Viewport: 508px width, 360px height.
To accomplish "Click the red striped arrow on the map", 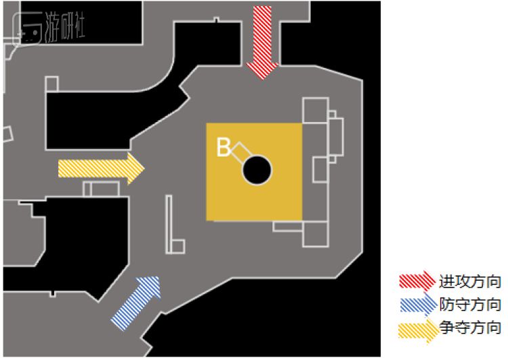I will [x=261, y=41].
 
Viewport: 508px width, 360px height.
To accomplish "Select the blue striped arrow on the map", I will [x=137, y=302].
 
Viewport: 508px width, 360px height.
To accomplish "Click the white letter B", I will [x=223, y=148].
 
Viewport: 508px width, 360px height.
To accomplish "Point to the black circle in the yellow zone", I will [x=257, y=169].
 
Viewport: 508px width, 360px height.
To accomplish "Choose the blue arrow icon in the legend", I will [x=417, y=304].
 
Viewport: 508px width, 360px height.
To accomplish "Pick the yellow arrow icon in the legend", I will [x=417, y=328].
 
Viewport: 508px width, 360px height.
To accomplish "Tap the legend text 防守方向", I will [x=470, y=304].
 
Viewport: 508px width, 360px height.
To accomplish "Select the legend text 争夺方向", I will [x=470, y=328].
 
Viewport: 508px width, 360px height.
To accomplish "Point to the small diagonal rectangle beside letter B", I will [x=238, y=152].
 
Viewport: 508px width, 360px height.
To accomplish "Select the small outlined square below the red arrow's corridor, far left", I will [x=51, y=84].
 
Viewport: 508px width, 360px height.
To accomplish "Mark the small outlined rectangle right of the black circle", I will [x=320, y=169].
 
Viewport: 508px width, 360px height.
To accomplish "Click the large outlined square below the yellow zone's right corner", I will [x=316, y=233].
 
